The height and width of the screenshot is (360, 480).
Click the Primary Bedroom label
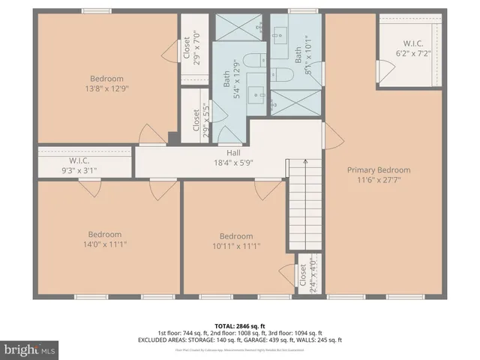point(378,175)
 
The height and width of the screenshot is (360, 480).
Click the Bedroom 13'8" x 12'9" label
point(107,83)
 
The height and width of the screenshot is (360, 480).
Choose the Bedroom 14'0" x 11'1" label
point(104,238)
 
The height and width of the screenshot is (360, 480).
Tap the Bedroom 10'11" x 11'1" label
point(235,241)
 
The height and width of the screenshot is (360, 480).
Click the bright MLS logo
point(30,349)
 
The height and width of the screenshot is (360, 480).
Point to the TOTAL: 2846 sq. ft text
point(239,326)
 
